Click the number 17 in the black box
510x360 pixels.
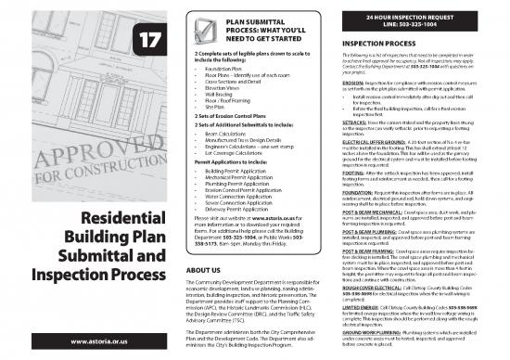tap(150, 39)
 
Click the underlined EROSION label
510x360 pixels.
tap(357, 84)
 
